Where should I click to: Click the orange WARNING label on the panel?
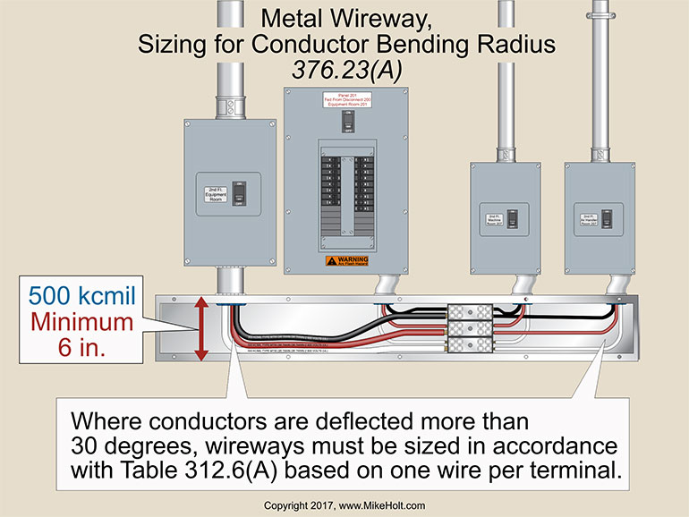click(346, 261)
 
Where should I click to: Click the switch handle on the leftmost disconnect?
click(237, 192)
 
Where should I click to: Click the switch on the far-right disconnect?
click(610, 217)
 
